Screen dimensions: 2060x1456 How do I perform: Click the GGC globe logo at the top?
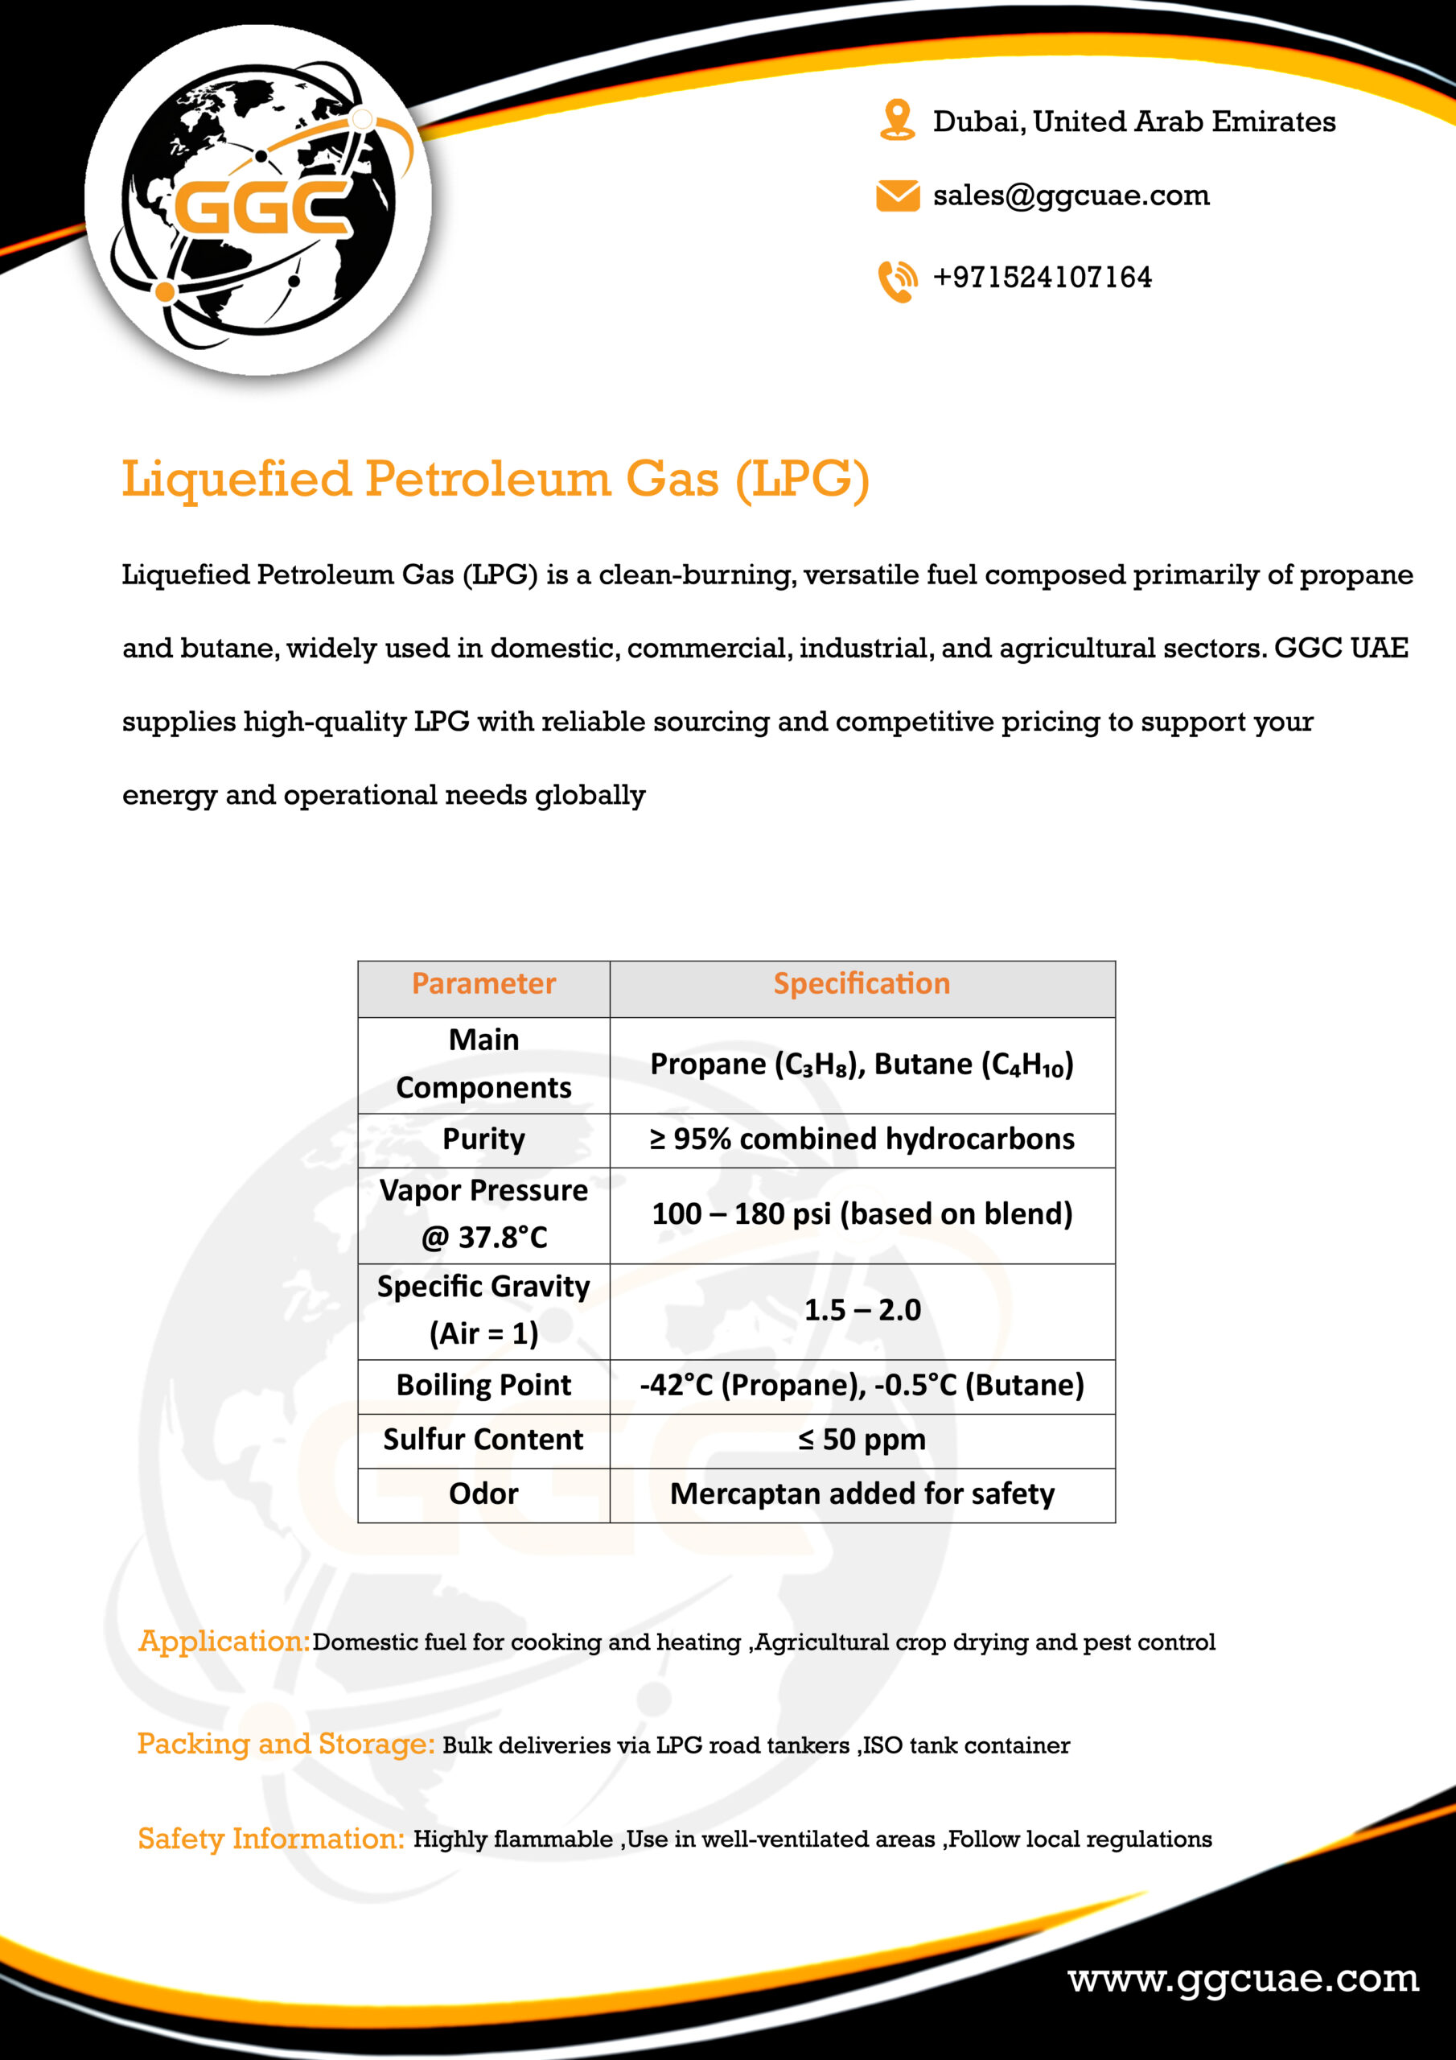point(258,200)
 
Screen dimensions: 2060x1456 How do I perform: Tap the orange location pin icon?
point(896,120)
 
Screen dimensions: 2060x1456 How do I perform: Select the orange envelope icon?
point(897,196)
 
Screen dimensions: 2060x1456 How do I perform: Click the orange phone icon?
point(897,280)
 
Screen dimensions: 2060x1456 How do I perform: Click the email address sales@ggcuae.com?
point(1071,196)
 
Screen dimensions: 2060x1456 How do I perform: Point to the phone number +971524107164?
point(1043,278)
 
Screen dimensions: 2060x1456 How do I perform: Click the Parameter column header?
point(483,984)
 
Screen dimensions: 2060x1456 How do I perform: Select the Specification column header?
point(862,984)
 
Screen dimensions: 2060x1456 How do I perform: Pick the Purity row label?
point(483,1139)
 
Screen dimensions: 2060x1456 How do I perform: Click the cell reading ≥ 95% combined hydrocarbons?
point(862,1139)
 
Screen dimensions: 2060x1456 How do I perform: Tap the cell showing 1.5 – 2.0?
point(862,1310)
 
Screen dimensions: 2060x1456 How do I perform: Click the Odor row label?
point(483,1493)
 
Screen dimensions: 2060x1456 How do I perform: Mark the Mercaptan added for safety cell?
point(862,1493)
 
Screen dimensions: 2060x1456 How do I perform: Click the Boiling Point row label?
point(483,1386)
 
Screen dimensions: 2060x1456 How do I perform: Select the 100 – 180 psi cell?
point(862,1214)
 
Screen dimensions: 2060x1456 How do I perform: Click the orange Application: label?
point(224,1641)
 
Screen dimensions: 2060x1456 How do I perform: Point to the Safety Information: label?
point(271,1839)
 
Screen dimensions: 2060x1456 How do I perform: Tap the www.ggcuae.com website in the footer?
point(1244,1979)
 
